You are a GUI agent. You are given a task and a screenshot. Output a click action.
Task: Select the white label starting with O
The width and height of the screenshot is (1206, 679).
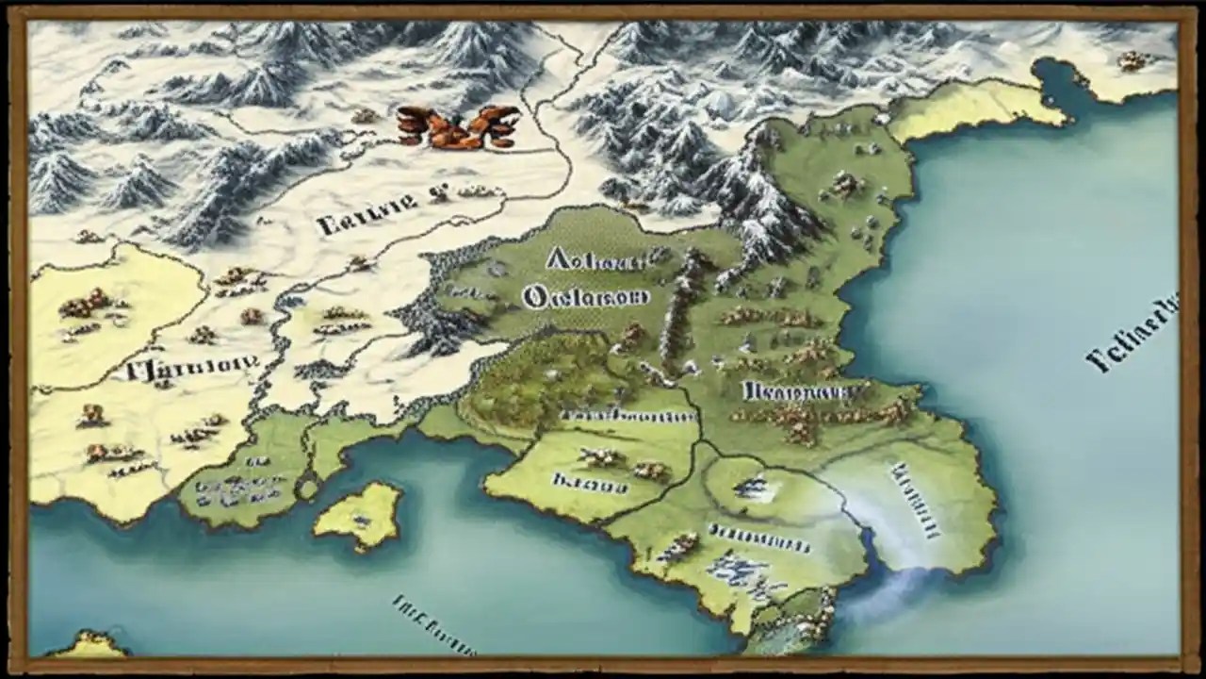click(585, 297)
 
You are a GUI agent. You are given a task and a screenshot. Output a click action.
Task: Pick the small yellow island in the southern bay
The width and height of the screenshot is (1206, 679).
click(360, 514)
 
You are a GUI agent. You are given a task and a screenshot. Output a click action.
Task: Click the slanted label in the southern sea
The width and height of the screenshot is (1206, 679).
click(433, 623)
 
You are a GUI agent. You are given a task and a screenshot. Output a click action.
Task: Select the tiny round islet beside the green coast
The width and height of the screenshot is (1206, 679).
click(307, 489)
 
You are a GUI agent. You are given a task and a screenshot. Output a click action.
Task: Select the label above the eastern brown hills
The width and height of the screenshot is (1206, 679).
click(791, 389)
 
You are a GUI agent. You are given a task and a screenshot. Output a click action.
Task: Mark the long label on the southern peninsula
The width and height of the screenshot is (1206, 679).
click(758, 540)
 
